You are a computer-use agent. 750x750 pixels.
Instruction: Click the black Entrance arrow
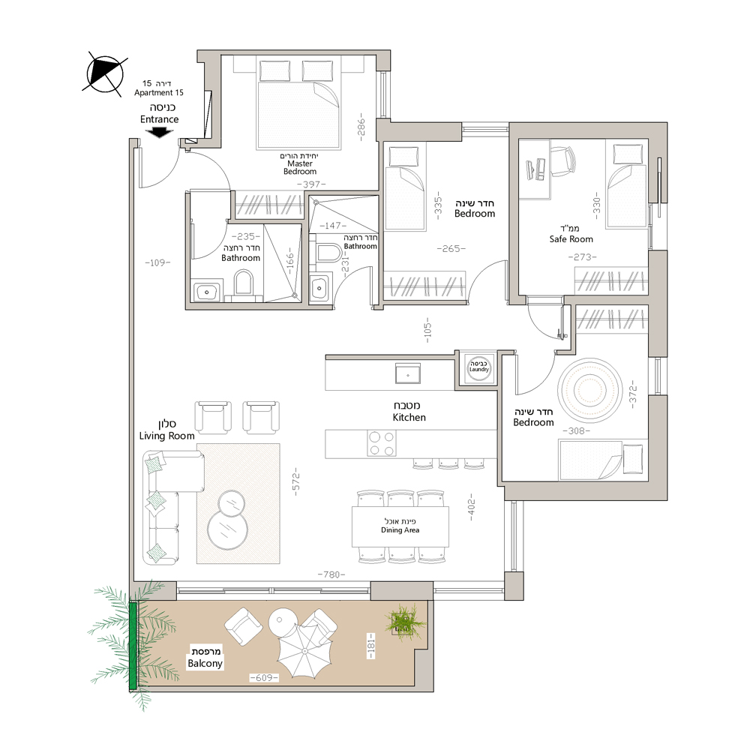coord(159,132)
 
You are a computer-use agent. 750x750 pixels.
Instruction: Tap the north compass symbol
coord(105,74)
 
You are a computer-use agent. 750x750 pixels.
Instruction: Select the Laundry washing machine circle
coord(478,367)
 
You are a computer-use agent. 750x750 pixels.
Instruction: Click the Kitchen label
coord(409,411)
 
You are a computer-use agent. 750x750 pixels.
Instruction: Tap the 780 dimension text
coord(331,574)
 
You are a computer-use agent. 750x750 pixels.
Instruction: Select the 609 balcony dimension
coord(264,678)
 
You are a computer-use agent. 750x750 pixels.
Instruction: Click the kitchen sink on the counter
coord(408,373)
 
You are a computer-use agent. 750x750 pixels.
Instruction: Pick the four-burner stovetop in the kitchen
coord(382,443)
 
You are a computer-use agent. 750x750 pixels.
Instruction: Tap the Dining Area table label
coord(400,526)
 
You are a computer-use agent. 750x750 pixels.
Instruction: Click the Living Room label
coord(167,430)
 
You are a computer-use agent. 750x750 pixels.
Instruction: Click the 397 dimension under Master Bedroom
coord(311,184)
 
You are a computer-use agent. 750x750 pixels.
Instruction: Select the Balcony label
coord(205,658)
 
